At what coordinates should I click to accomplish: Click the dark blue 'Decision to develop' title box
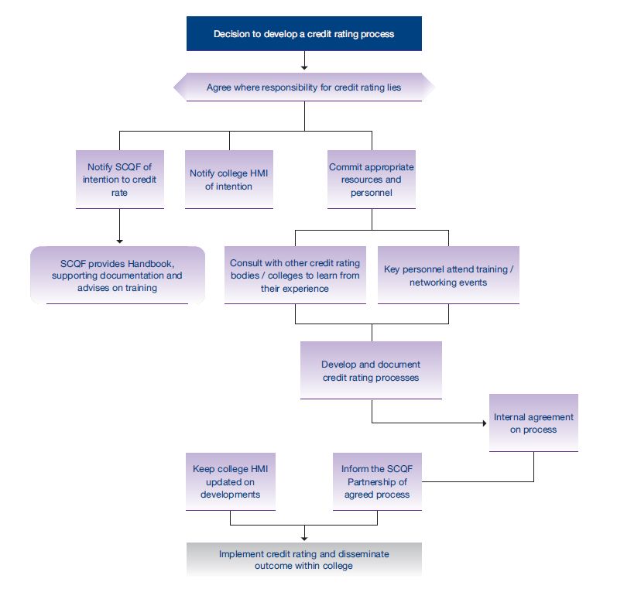click(303, 33)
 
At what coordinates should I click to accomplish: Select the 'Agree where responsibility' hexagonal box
click(303, 87)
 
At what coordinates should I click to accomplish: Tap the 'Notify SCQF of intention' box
click(120, 180)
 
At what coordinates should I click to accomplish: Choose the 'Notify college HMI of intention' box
click(229, 180)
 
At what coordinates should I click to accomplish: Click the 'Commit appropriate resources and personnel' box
click(372, 180)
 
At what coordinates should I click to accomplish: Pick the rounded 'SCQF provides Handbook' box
click(117, 276)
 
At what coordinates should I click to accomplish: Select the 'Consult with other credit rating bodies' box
click(295, 276)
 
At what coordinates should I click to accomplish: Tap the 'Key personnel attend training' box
click(448, 276)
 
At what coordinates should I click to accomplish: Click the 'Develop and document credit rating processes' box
click(371, 370)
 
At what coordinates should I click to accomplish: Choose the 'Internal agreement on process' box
click(533, 423)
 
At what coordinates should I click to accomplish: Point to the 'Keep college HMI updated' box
click(231, 481)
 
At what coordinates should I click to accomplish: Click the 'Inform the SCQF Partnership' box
click(377, 481)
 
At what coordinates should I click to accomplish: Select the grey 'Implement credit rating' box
click(303, 560)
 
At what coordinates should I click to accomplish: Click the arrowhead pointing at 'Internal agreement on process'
click(485, 423)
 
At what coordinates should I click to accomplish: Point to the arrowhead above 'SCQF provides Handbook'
click(120, 241)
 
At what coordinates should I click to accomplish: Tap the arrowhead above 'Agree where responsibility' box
click(304, 67)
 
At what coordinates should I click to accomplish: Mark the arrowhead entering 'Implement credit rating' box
click(304, 539)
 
